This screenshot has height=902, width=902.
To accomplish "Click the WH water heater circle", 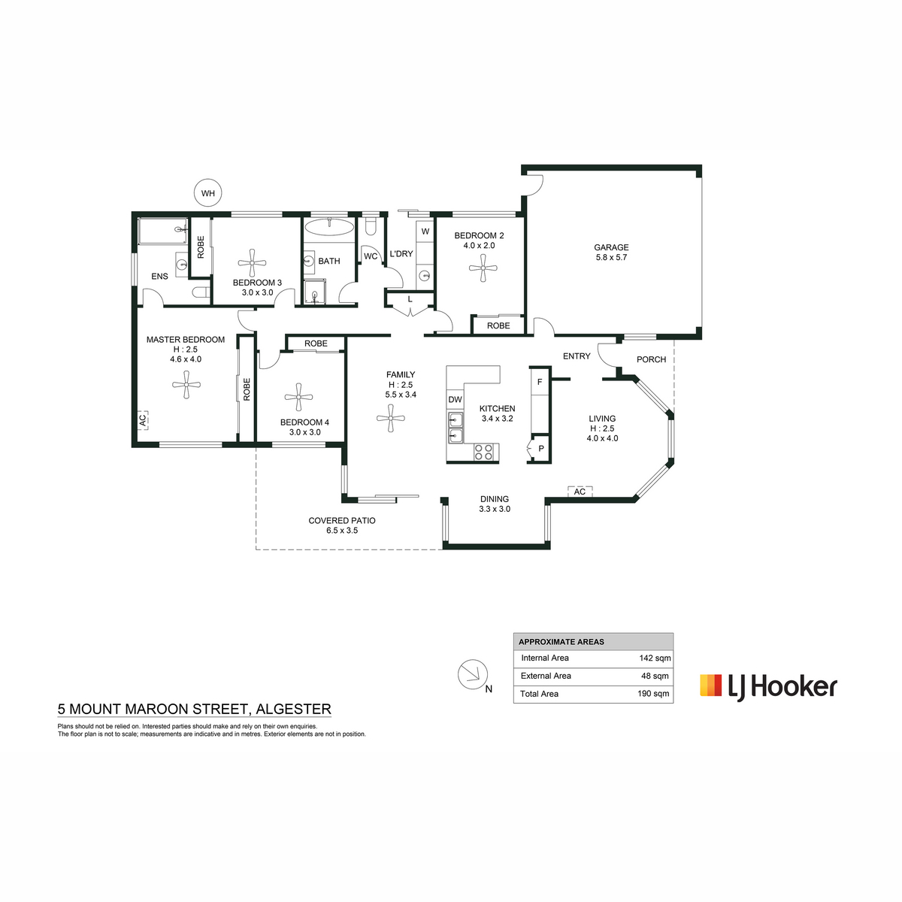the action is tap(207, 193).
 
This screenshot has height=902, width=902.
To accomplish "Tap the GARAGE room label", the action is tap(611, 247).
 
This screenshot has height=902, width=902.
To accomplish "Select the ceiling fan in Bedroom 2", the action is tap(483, 268).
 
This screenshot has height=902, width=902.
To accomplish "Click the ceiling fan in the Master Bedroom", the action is tap(186, 385).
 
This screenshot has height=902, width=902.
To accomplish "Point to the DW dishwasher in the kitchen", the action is tap(455, 399).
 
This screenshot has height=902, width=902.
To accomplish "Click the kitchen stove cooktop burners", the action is tap(483, 452).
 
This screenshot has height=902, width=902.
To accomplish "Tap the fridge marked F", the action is tap(539, 382).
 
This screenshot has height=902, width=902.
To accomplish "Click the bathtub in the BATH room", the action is tap(329, 228).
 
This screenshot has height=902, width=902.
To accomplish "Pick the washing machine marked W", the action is tap(425, 232).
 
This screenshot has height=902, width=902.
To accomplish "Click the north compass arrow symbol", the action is tap(472, 674).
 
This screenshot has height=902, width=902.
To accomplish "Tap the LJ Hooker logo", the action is tap(768, 687).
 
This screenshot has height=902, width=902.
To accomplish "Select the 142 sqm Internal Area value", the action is tap(655, 658).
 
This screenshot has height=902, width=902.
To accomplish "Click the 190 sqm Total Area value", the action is tap(653, 693).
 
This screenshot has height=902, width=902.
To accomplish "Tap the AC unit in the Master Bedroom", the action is tap(143, 419).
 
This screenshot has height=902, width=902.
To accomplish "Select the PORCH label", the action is tap(651, 359).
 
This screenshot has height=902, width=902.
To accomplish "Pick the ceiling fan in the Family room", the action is tap(390, 419).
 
